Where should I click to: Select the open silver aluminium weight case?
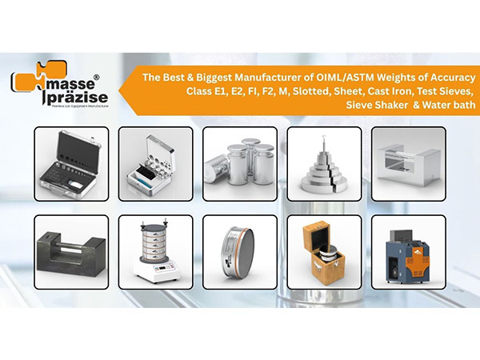click(154, 163)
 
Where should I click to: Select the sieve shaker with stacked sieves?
click(154, 244)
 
